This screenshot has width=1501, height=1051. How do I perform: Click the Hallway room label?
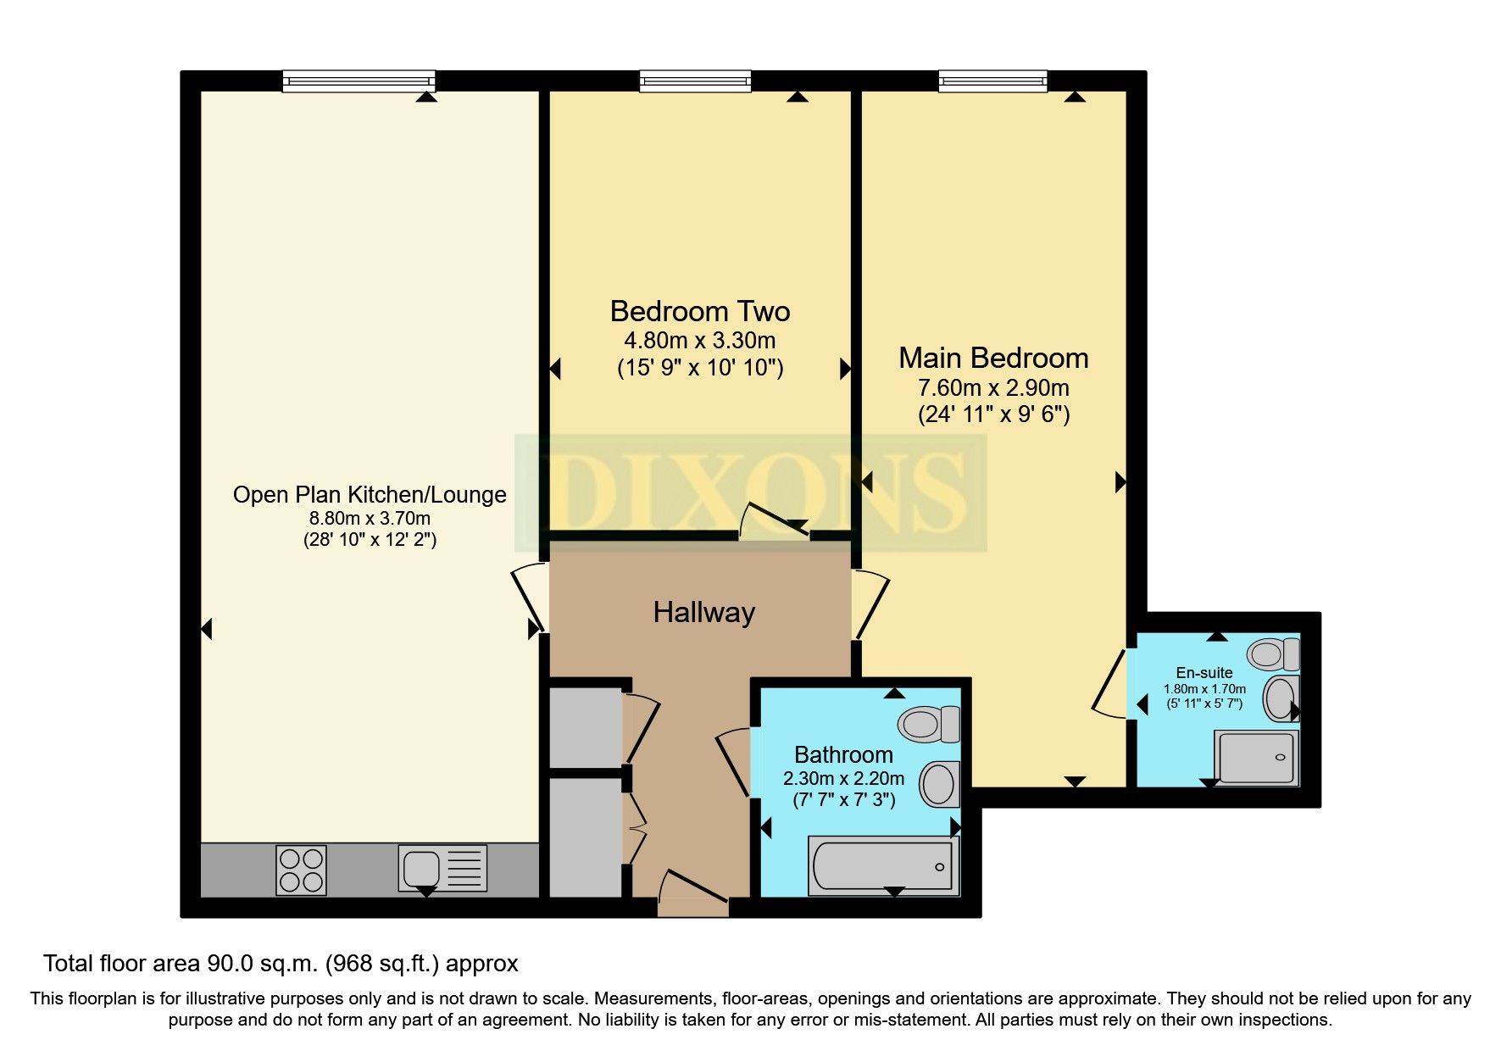coord(703,612)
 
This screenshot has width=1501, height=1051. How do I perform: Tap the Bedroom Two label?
coord(699,311)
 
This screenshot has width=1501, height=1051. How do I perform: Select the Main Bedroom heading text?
coord(993,358)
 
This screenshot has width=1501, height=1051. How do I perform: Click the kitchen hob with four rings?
coord(301,870)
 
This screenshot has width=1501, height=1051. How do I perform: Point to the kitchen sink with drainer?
coord(442,869)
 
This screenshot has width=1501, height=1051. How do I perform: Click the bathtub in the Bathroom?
coord(882,866)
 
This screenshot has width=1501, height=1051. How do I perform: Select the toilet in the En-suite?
coord(1273,653)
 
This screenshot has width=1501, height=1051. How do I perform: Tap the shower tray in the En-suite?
coord(1255,757)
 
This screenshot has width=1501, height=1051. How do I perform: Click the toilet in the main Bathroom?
coord(928,724)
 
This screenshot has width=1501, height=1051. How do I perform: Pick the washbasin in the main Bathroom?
coord(939,783)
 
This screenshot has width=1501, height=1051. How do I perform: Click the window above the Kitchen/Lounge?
coord(359,81)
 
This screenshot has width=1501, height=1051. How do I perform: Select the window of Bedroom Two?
coord(695,81)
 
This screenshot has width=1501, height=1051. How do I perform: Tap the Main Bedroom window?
coord(992,81)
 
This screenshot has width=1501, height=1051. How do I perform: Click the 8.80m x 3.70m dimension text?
coord(370,518)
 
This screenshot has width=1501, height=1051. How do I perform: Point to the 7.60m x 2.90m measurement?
coord(993,388)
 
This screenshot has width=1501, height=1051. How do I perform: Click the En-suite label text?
coord(1204,673)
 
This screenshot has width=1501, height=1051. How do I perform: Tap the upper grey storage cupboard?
coord(586,727)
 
